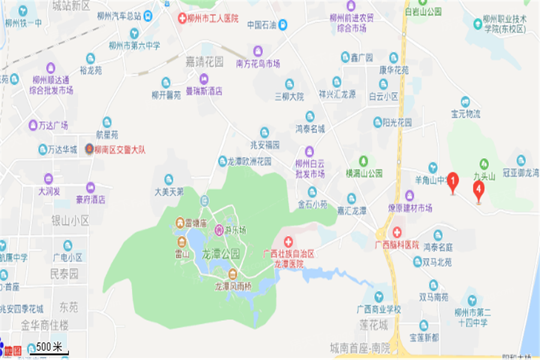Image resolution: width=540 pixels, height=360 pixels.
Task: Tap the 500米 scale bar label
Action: pyautogui.click(x=49, y=347)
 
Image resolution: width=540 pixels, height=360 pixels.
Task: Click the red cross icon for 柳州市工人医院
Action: pyautogui.click(x=182, y=19)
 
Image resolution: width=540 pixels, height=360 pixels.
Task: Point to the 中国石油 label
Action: pyautogui.click(x=262, y=25)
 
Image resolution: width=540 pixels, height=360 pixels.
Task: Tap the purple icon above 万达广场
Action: pyautogui.click(x=33, y=125)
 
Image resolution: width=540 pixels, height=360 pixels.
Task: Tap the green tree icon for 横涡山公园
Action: pyautogui.click(x=363, y=161)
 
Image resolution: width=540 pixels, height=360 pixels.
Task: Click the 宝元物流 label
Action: pyautogui.click(x=466, y=113)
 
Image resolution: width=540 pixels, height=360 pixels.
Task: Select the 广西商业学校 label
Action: pyautogui.click(x=378, y=309)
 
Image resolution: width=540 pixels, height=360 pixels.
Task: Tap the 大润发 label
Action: pyautogui.click(x=49, y=191)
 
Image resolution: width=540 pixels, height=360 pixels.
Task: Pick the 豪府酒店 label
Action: pyautogui.click(x=91, y=199)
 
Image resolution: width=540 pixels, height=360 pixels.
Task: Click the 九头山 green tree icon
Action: pyautogui.click(x=484, y=163)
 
